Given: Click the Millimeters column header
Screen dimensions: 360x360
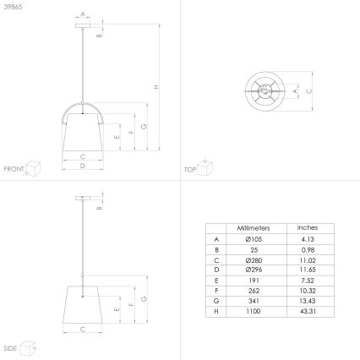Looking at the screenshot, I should click(x=254, y=228).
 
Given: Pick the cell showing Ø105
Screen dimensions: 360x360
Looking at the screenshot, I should click(x=254, y=240).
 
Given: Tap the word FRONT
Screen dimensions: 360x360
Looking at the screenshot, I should click(x=14, y=169).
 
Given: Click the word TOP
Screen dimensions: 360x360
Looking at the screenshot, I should click(x=189, y=169).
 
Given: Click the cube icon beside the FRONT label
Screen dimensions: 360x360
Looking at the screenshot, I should click(x=34, y=166).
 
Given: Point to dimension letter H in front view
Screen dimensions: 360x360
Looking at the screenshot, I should click(x=155, y=87).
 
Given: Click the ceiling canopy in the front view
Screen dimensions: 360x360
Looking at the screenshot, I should click(x=82, y=25).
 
